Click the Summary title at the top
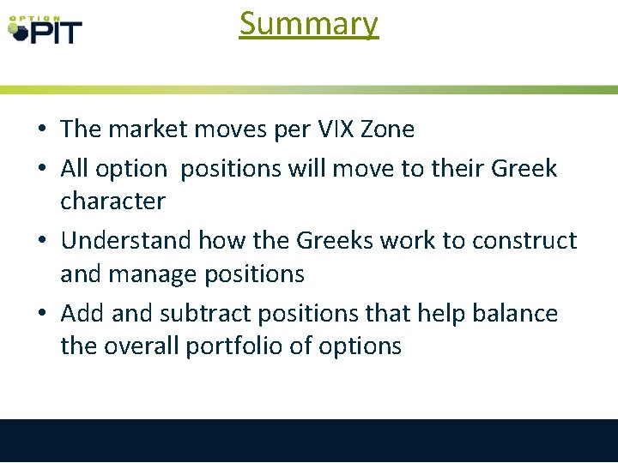(x=308, y=23)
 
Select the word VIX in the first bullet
(x=328, y=129)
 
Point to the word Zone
(x=386, y=129)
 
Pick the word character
(x=112, y=201)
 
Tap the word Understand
(x=127, y=241)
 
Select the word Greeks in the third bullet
(x=336, y=241)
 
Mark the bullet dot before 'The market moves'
(x=41, y=130)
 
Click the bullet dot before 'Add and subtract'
(x=41, y=315)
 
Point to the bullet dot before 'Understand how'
(x=41, y=242)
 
